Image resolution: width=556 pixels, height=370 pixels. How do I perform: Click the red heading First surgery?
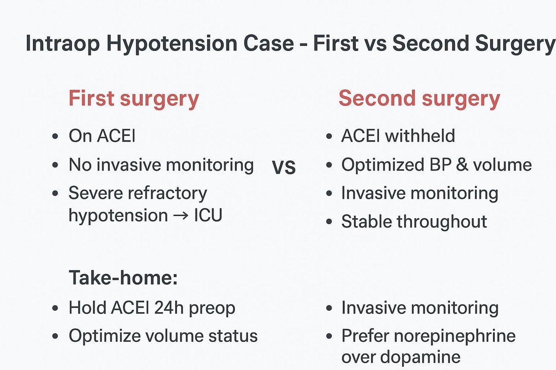(x=133, y=99)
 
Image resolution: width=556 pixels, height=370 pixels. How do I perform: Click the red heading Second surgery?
(x=419, y=99)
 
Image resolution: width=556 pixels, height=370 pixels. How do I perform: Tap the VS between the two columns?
(x=284, y=167)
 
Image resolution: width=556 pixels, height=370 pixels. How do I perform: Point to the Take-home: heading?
(x=123, y=278)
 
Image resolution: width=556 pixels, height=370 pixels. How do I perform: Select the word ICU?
(x=208, y=215)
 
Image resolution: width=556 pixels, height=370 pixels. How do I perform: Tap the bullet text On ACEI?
(x=101, y=136)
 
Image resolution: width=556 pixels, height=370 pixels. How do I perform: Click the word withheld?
(x=425, y=136)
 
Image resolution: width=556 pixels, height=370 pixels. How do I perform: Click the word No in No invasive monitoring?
(x=80, y=165)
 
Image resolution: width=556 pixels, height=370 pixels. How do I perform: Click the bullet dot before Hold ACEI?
(x=56, y=308)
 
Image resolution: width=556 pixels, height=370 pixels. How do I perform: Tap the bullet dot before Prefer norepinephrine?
(x=329, y=336)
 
